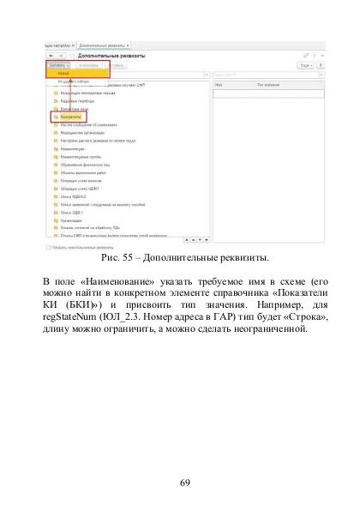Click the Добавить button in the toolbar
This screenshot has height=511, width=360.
click(57, 64)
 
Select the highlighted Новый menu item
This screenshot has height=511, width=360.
click(66, 75)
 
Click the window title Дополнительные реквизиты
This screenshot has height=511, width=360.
click(111, 55)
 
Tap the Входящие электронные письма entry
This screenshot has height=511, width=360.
click(80, 93)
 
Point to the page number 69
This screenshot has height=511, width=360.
click(184, 483)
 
